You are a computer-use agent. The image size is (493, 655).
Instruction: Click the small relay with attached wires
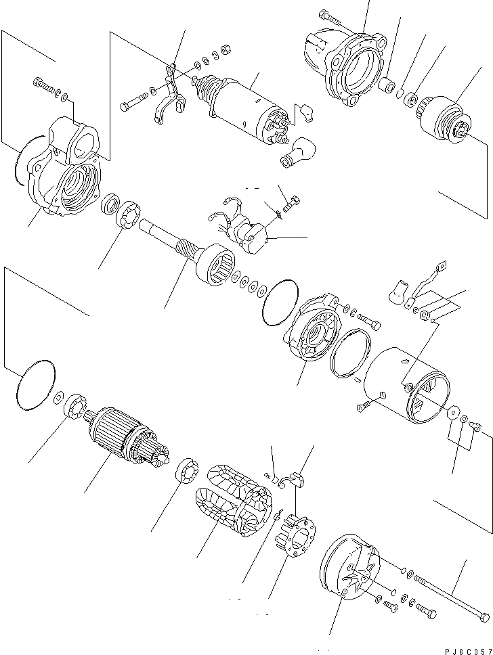248,233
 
